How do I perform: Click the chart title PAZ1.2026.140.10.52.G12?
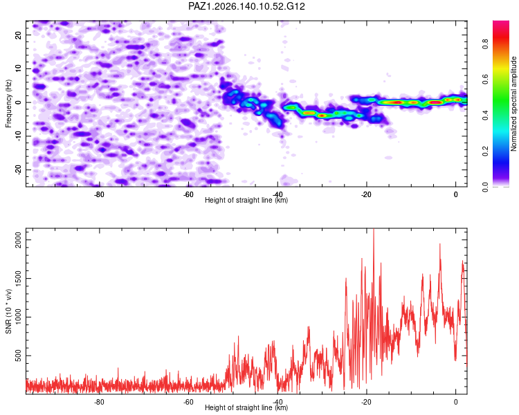coord(246,6)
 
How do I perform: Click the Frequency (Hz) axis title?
coord(8,104)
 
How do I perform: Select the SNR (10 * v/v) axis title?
coord(8,311)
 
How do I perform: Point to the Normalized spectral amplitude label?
coord(513,104)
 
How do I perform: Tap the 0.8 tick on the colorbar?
coord(486,44)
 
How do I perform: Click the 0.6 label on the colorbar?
coord(486,80)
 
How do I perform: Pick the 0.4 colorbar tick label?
coord(486,116)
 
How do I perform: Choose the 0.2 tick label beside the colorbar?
coord(486,151)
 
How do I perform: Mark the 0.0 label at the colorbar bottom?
coord(486,187)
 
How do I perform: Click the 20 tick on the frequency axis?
coord(19,35)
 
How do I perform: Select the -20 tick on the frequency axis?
coord(19,170)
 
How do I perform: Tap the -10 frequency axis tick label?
coord(19,136)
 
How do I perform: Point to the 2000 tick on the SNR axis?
coord(19,239)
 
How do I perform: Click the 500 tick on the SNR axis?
coord(19,356)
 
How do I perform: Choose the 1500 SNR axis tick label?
coord(19,278)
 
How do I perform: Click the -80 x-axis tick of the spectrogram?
coord(99,194)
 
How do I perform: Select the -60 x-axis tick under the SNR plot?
coord(188,402)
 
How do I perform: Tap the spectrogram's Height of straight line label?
coord(246,200)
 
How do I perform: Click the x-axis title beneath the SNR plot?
coord(246,407)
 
